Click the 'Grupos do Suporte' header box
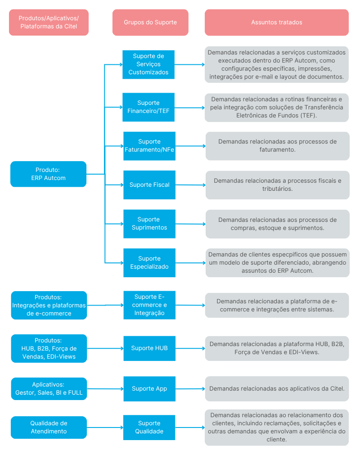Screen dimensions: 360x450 [150, 22]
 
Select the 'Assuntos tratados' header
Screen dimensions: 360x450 [276, 22]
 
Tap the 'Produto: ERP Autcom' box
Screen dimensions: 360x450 [48, 174]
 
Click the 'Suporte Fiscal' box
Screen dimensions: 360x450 [149, 185]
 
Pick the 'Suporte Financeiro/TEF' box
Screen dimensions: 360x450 [148, 107]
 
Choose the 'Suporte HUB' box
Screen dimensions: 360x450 [149, 348]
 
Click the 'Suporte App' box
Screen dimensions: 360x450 [149, 389]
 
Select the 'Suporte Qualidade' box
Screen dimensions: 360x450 [149, 427]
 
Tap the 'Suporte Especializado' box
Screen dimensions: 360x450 [149, 263]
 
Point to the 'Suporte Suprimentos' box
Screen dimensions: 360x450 [149, 224]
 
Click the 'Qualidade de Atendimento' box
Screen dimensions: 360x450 [49, 427]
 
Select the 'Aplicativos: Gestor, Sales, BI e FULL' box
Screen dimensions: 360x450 [49, 389]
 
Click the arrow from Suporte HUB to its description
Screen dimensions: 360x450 [190, 348]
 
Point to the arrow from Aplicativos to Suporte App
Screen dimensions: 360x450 [105, 389]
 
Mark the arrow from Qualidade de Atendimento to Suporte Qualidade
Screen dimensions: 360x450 [105, 427]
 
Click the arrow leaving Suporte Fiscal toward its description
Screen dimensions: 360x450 [190, 185]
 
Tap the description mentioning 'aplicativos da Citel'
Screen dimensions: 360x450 [277, 389]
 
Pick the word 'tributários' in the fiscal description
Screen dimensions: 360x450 [277, 189]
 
